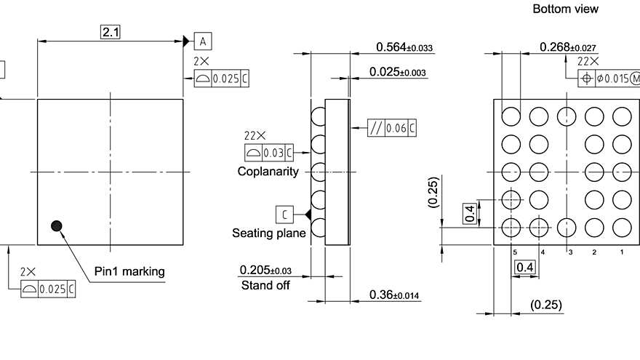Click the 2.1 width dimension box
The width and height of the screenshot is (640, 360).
click(111, 31)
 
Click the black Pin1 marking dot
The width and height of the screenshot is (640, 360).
click(57, 226)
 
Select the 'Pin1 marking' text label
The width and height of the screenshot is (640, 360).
click(129, 271)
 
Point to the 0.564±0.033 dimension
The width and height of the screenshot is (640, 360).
click(404, 47)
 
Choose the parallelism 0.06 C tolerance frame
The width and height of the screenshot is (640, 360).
click(393, 128)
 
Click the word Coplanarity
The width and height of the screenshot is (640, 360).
click(268, 172)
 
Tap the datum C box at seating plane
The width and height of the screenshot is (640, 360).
click(285, 215)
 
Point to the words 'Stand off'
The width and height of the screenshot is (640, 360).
click(265, 285)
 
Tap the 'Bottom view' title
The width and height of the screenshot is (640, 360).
click(566, 9)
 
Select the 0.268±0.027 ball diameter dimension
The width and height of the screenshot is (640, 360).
click(577, 47)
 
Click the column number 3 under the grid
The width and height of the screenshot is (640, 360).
click(569, 252)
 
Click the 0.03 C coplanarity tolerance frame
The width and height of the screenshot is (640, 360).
click(269, 153)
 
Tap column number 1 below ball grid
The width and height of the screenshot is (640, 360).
click(621, 252)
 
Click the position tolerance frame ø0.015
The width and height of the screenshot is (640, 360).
click(609, 79)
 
